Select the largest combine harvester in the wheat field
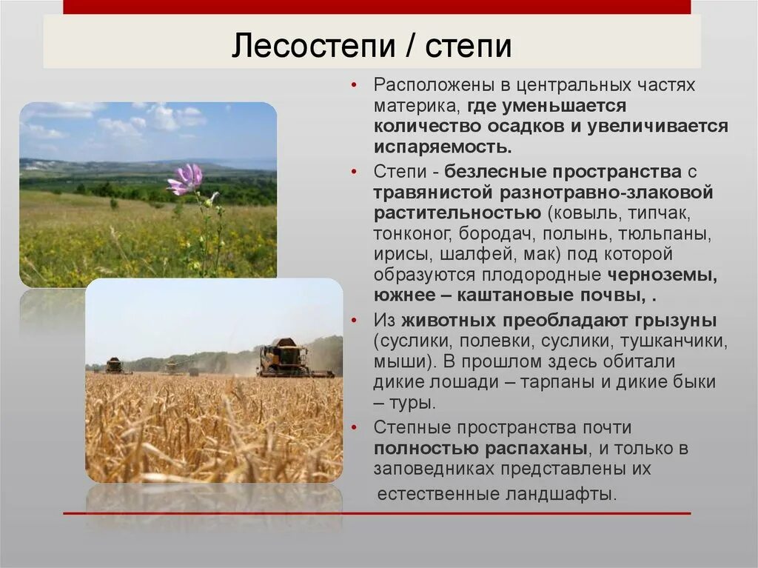284,359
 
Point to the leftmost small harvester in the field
114,365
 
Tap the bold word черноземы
662,275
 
